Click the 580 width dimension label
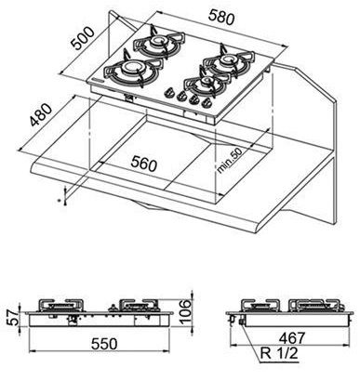coord(221,17)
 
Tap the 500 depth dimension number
coord(82,38)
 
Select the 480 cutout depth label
coord(41,115)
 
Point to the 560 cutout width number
coord(144,164)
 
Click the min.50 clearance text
coord(230,160)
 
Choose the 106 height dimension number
coord(186,311)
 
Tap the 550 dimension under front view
coord(104,344)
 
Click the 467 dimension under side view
coord(292,338)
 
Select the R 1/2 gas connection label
coord(279,353)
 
